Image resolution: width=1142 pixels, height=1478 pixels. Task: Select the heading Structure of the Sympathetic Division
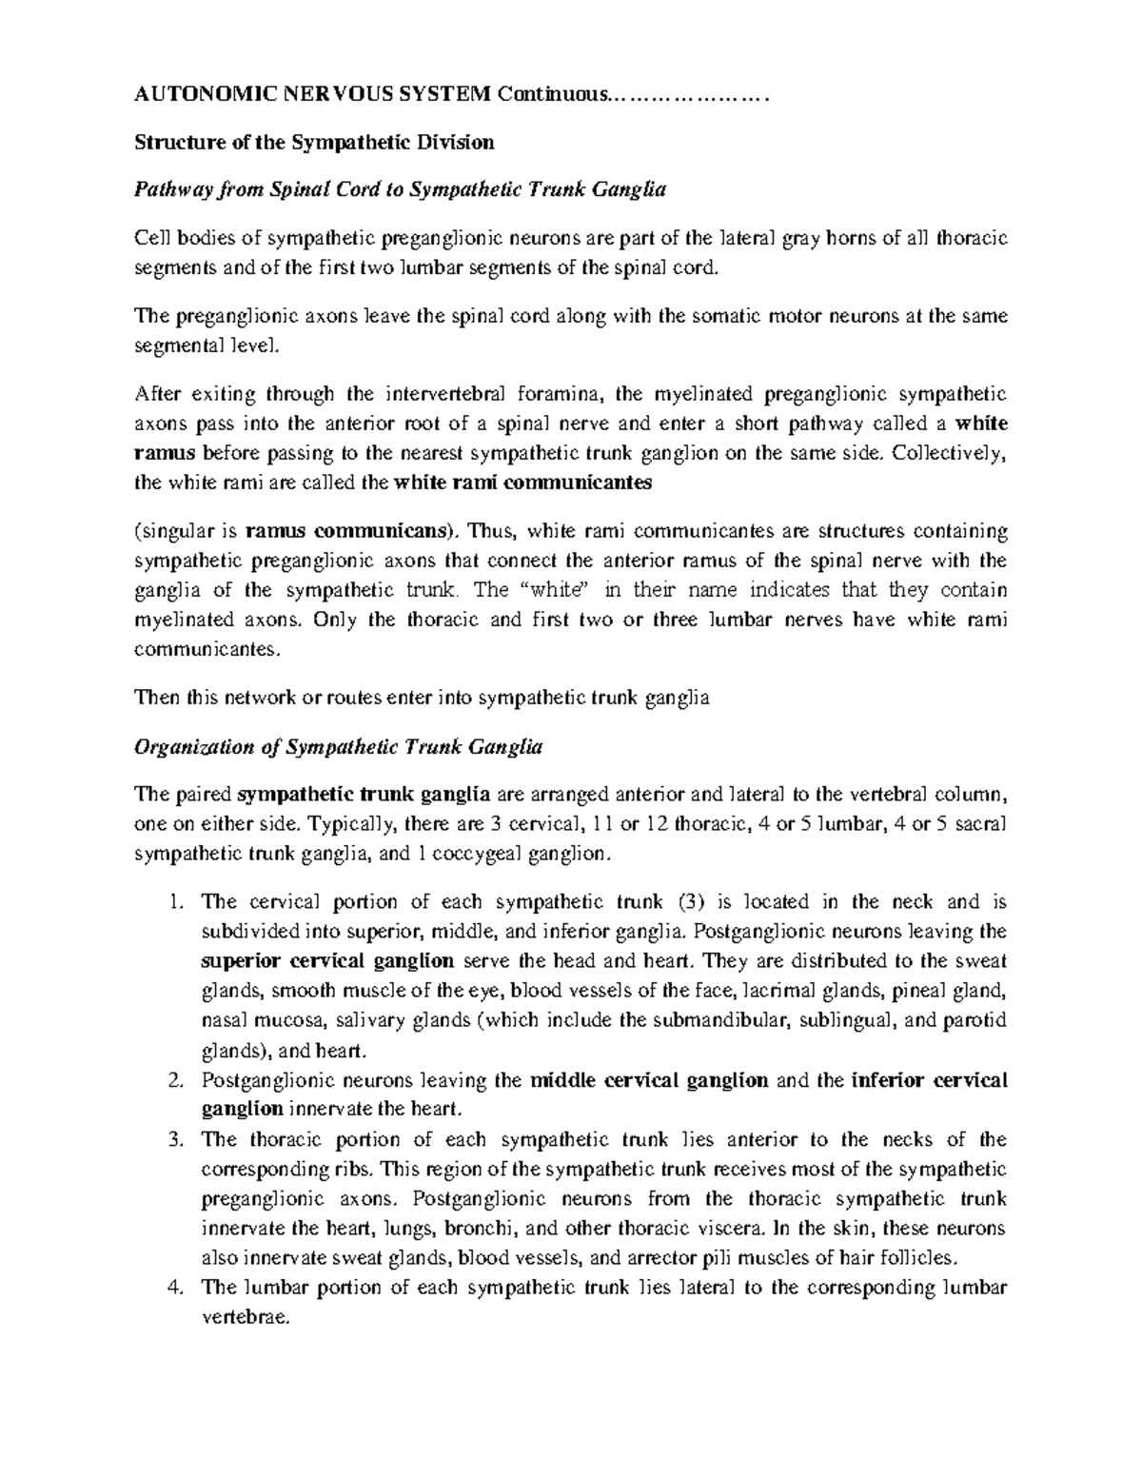click(x=314, y=143)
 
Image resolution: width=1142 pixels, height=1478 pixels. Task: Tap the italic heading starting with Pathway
click(x=400, y=189)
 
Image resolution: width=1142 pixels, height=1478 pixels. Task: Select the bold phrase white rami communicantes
click(x=522, y=482)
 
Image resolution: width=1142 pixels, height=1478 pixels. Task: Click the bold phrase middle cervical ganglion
click(x=648, y=1080)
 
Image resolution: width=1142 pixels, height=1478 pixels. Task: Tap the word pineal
click(x=916, y=991)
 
